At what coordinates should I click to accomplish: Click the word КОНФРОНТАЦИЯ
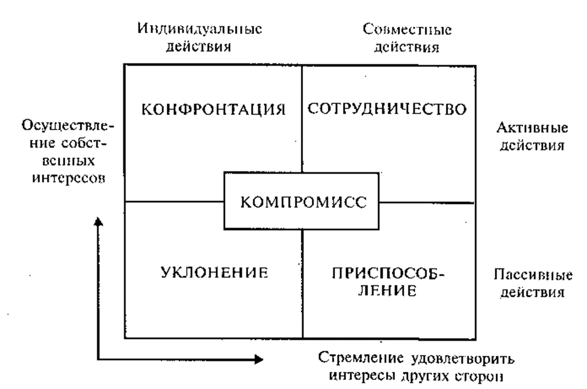point(213,109)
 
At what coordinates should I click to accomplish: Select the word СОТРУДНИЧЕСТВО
point(387,109)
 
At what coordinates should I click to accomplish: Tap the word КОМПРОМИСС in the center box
point(304,202)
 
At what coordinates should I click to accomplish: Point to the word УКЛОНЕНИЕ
point(214,273)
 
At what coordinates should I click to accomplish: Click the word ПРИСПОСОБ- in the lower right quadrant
point(389,273)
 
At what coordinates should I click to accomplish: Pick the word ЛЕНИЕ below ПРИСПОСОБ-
point(387,291)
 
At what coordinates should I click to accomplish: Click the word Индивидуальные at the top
point(200,29)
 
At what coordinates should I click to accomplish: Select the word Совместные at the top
point(407,30)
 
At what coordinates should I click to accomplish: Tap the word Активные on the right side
point(532,128)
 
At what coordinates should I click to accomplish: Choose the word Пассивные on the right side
point(533,275)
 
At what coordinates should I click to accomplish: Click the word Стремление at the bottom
point(361,358)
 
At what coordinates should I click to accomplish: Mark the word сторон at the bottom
point(479,377)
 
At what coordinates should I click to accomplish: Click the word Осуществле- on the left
point(68,126)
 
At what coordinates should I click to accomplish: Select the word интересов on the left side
point(69,179)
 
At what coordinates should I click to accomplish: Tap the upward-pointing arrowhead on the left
point(98,222)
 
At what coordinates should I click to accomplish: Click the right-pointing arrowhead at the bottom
point(259,359)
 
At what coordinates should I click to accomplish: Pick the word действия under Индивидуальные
point(198,47)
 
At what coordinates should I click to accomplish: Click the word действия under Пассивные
point(533,292)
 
